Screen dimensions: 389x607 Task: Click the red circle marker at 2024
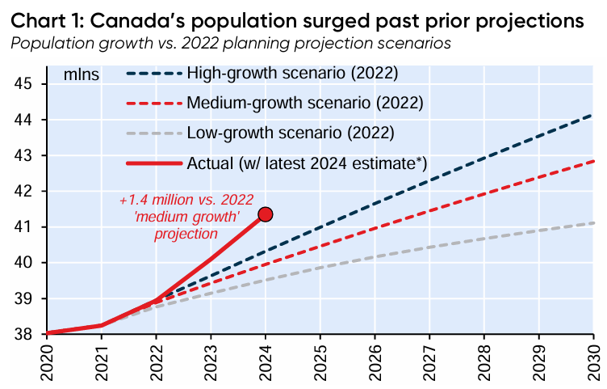[265, 214]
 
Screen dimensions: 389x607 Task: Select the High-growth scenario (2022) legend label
[293, 74]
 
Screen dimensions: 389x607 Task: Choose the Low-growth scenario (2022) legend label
[290, 133]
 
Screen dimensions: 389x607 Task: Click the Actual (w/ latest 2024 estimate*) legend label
[307, 163]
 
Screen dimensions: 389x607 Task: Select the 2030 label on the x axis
[593, 362]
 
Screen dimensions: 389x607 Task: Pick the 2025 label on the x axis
[320, 362]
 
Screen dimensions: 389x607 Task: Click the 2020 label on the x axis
[48, 362]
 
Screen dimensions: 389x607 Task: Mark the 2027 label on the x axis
[429, 362]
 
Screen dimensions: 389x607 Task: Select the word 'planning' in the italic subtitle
[251, 41]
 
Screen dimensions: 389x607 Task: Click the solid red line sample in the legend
[153, 163]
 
